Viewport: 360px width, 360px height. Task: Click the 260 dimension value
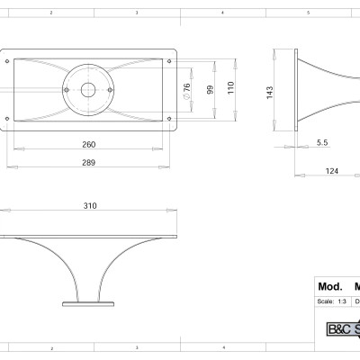(x=88, y=145)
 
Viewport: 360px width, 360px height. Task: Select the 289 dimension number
(x=88, y=162)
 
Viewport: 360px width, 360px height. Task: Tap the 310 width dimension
(x=90, y=206)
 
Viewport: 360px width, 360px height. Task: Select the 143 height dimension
(x=269, y=94)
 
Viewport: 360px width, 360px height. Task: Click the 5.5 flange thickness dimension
(x=322, y=143)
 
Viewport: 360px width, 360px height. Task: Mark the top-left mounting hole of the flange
(x=10, y=60)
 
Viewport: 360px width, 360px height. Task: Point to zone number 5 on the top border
(x=307, y=13)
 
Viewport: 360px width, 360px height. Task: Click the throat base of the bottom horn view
(x=89, y=302)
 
